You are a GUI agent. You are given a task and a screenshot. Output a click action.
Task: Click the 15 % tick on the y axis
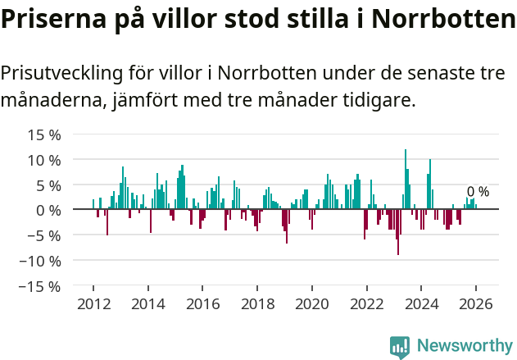coord(43,134)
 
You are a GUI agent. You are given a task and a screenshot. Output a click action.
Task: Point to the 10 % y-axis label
coord(43,160)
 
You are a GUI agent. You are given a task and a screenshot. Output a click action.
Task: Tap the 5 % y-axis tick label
coord(47,185)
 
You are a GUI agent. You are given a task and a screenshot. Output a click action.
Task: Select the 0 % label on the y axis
coord(47,211)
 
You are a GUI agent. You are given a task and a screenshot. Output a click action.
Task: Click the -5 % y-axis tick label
coord(43,236)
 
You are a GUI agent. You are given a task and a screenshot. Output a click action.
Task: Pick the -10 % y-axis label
coord(39,262)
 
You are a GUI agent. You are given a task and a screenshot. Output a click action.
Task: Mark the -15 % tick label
coord(39,287)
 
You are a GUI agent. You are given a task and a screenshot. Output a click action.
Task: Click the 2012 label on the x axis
coord(93,304)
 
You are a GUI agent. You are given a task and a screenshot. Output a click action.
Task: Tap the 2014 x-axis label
coord(147,304)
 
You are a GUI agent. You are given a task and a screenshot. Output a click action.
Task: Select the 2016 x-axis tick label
coord(202,304)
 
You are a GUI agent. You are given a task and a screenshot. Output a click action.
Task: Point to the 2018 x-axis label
coord(257,304)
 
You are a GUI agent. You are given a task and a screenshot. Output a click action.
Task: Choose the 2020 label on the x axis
coord(311,304)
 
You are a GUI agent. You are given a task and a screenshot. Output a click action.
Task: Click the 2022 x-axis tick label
coord(366,304)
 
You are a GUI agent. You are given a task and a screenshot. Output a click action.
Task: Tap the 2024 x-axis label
coord(421,304)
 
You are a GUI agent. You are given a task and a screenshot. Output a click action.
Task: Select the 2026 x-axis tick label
coord(475,304)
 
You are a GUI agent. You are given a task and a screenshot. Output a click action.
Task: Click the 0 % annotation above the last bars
coord(478,192)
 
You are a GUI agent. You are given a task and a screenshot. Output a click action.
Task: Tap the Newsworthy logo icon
coord(400,346)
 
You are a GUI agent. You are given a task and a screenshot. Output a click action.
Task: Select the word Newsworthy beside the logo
coord(464,346)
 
